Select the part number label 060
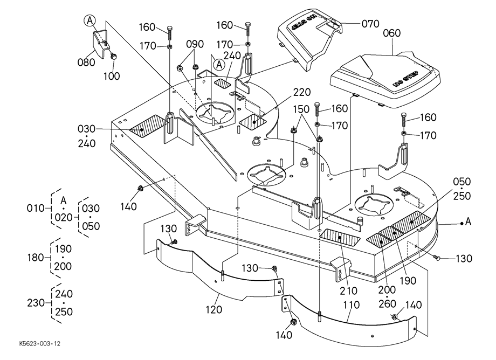coord(392,33)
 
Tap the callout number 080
coord(86,62)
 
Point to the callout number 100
coord(112,76)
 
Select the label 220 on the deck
coord(302,92)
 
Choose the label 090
coord(195,44)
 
